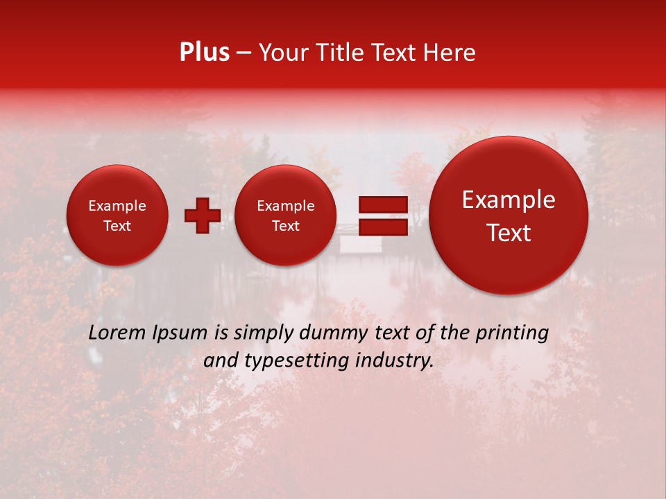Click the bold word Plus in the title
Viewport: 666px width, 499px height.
pos(204,52)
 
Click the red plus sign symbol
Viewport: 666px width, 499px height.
pos(203,215)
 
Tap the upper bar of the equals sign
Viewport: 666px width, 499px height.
pos(382,204)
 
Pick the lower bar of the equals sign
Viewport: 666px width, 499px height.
pos(382,226)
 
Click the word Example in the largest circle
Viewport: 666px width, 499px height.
pos(509,200)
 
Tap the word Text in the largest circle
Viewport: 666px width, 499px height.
pos(509,233)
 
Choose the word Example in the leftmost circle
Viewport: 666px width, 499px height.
pos(117,206)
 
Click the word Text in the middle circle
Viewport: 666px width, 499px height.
pos(286,226)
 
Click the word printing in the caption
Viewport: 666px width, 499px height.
pos(513,333)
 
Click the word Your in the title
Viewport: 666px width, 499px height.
pos(284,52)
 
